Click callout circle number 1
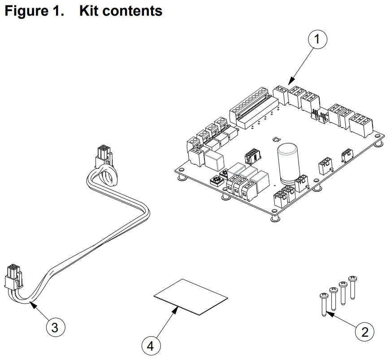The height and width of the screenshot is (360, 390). (317, 39)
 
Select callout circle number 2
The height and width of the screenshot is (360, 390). (364, 332)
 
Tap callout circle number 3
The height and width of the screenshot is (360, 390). (55, 327)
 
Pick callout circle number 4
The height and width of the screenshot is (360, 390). (151, 346)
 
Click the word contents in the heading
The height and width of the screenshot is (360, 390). (134, 11)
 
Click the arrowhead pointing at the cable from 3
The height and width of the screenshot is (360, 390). (31, 304)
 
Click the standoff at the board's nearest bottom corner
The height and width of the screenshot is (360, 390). (274, 218)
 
